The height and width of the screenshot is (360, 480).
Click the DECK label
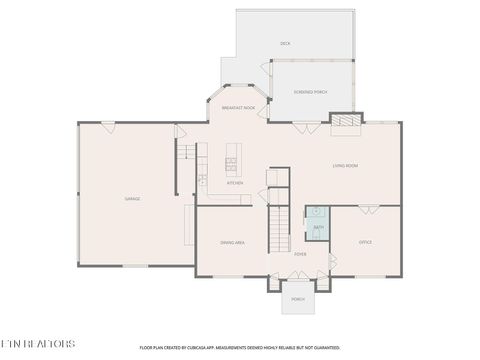point(285,44)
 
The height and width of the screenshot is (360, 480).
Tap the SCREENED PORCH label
point(310,92)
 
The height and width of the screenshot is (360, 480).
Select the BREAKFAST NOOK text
point(238,107)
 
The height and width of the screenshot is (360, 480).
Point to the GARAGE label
point(132,199)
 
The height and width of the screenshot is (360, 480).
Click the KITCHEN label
point(235,183)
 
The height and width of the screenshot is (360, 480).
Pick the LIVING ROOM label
point(345,165)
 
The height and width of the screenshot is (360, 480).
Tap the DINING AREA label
point(233,243)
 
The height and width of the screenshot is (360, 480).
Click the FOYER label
point(300,254)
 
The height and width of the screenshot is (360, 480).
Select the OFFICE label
point(365,242)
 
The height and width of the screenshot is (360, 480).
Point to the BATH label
point(318,228)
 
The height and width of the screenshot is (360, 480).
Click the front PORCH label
point(298,299)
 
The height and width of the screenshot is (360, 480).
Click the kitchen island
point(232,156)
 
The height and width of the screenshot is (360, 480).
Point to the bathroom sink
point(317,212)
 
